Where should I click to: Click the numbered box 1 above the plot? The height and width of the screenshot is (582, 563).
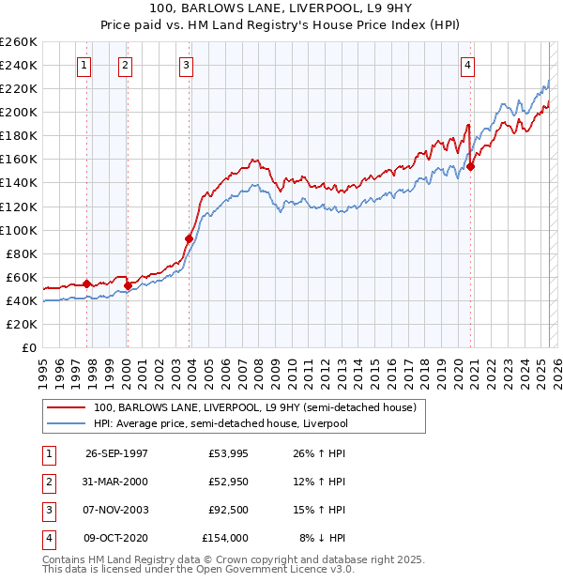point(84,65)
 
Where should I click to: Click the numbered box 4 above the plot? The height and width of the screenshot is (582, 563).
point(466,65)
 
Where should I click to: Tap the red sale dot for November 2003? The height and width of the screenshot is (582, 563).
point(189,238)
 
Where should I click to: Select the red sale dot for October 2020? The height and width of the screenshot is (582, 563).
point(472,166)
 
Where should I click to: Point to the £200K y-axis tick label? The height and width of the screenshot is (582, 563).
point(19,112)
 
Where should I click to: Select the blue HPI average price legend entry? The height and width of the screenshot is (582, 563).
point(221,424)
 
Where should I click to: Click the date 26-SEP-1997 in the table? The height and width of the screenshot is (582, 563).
point(116,453)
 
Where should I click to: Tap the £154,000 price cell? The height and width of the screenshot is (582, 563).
point(225,538)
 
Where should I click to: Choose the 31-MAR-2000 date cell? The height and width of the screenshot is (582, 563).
point(116,482)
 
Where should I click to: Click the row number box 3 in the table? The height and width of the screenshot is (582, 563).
point(47,510)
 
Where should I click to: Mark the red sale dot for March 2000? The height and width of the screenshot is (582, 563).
point(129,284)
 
